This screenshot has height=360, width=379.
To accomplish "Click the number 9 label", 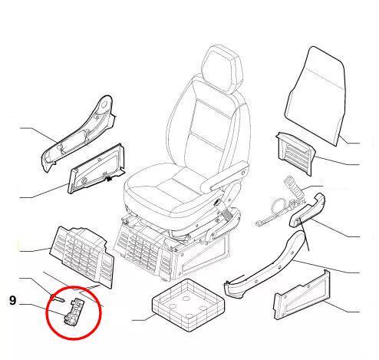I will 12,301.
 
